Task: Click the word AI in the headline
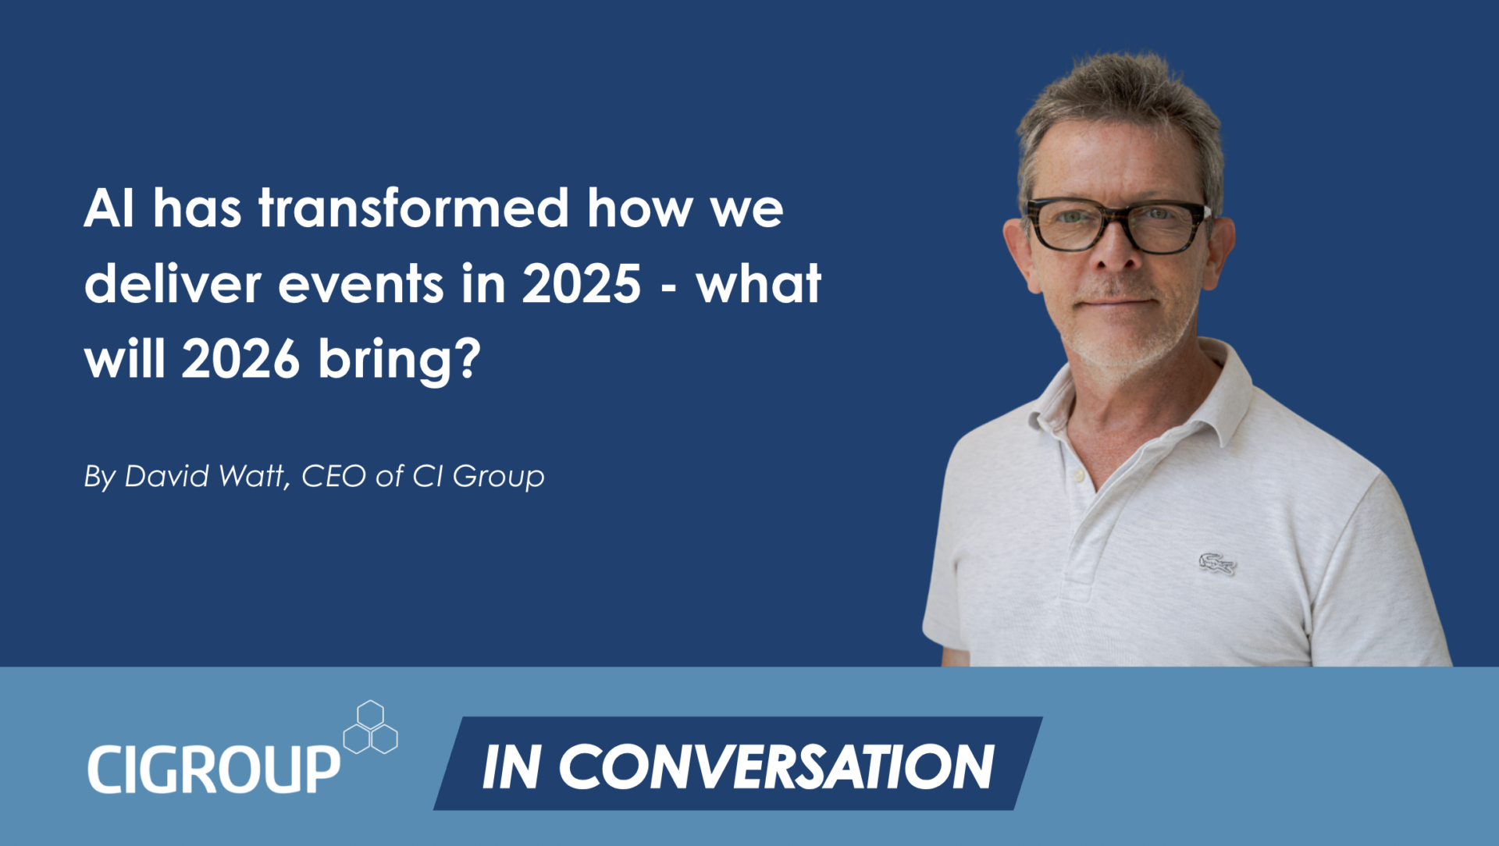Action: click(x=109, y=208)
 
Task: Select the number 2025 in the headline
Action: click(x=582, y=283)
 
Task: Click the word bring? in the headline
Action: click(x=400, y=361)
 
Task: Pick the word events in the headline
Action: click(x=361, y=284)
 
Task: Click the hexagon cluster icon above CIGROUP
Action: click(x=371, y=727)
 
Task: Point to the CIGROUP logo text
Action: click(x=214, y=770)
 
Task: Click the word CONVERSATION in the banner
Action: click(x=776, y=766)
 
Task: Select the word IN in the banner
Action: click(x=512, y=766)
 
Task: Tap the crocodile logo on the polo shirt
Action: click(x=1217, y=563)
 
